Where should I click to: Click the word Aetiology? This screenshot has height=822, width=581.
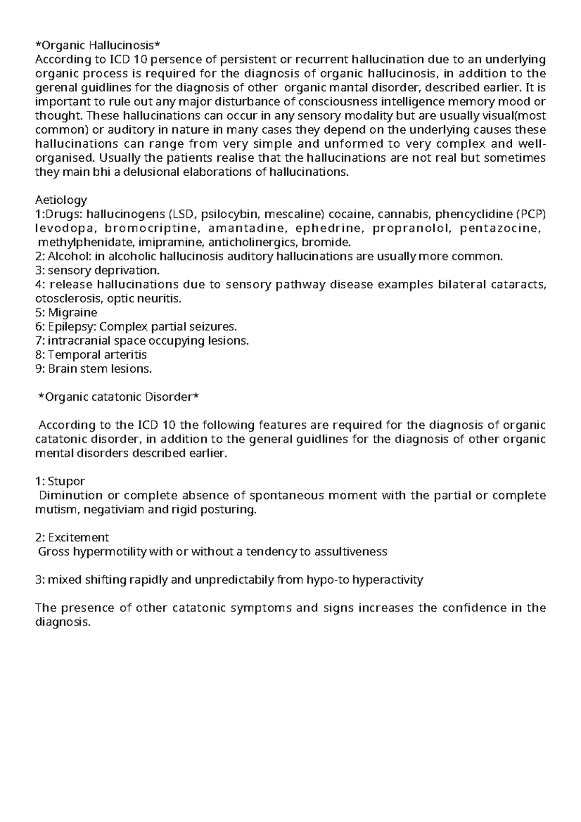tap(61, 199)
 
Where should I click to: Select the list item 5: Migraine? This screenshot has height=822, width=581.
tap(66, 312)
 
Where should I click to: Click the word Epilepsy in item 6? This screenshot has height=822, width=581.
tap(71, 326)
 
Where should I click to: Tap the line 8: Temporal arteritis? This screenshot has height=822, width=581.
tap(91, 354)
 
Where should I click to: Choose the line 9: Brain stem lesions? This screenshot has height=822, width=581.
tap(93, 368)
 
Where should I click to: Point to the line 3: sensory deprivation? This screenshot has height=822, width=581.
tap(97, 270)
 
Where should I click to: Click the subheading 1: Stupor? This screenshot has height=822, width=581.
tap(60, 481)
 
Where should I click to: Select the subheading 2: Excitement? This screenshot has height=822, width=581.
tap(72, 537)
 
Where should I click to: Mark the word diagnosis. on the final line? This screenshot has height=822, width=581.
tap(63, 622)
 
